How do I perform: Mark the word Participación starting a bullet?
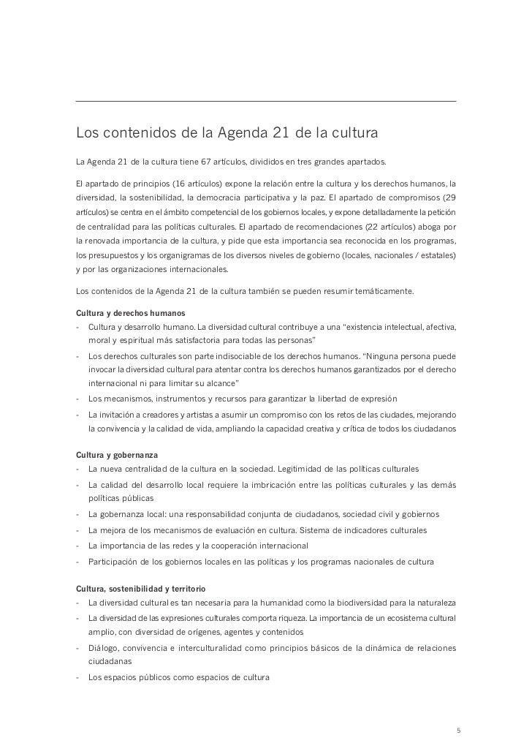[x=113, y=562]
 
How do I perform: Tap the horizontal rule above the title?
[x=266, y=101]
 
